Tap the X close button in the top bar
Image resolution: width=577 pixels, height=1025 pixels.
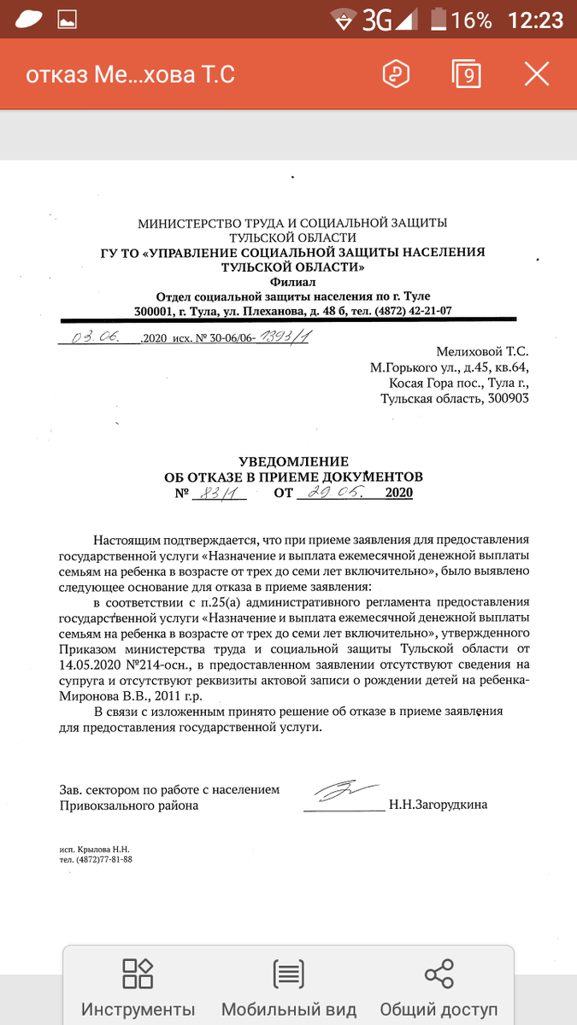[537, 74]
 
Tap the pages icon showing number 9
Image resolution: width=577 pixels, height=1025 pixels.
[467, 74]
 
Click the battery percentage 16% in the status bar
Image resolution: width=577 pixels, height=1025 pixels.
[472, 20]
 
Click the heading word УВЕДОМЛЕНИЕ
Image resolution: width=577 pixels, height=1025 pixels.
[293, 461]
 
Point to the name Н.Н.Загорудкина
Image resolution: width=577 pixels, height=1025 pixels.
[438, 805]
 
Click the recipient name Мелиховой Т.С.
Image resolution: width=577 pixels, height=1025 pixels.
[483, 351]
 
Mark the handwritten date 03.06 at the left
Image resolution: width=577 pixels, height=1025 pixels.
[96, 337]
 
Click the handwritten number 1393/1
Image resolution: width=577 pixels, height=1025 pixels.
[285, 337]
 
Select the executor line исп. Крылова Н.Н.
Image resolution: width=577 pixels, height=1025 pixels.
[94, 849]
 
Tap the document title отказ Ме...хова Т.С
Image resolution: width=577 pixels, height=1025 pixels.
[130, 75]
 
